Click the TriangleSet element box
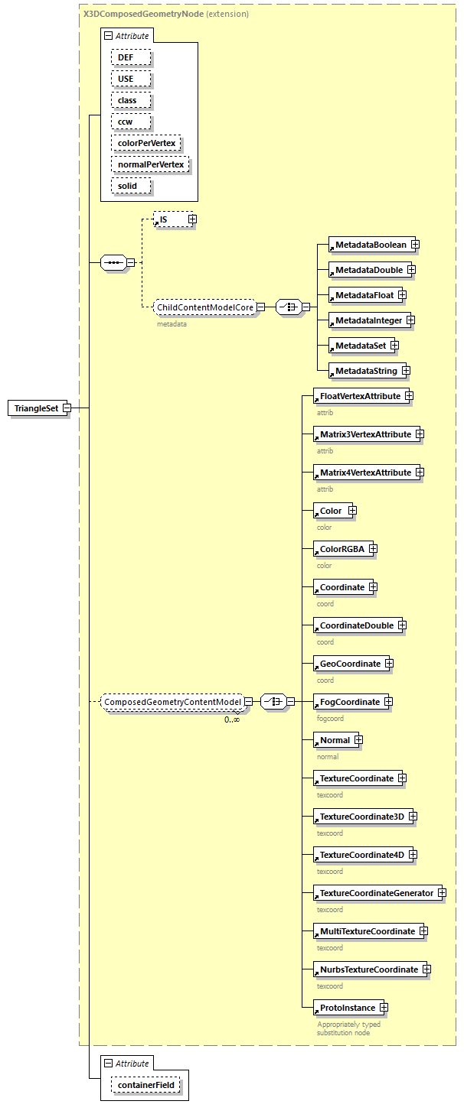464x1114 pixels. click(x=36, y=408)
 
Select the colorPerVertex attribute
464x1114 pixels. click(x=146, y=143)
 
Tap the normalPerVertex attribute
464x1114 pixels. click(x=150, y=164)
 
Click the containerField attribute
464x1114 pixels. click(x=145, y=1084)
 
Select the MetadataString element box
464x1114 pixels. click(x=366, y=371)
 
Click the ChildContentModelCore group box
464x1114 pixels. click(x=204, y=307)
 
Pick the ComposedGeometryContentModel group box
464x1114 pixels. click(x=172, y=701)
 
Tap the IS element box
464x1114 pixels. click(x=170, y=219)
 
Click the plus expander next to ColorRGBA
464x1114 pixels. click(x=373, y=549)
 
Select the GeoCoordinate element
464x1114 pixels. click(x=350, y=664)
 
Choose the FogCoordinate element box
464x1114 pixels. click(x=349, y=702)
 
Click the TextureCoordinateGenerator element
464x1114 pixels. click(x=376, y=893)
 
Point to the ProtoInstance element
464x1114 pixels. click(x=347, y=1008)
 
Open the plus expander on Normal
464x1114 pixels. click(x=358, y=740)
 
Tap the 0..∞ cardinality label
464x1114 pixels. click(x=231, y=719)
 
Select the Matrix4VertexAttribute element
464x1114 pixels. click(x=365, y=473)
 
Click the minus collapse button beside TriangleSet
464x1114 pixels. click(x=67, y=408)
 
